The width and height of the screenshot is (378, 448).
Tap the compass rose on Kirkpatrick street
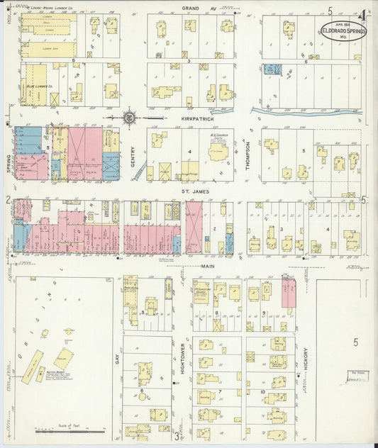pyautogui.click(x=129, y=117)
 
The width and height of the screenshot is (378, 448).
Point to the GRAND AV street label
pyautogui.click(x=189, y=7)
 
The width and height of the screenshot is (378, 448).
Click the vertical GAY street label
pyautogui.click(x=116, y=359)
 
